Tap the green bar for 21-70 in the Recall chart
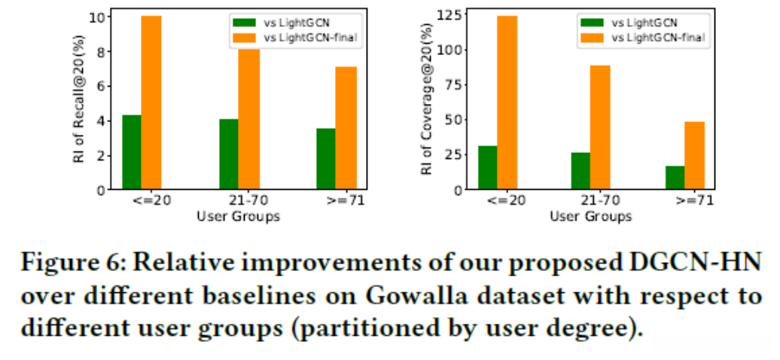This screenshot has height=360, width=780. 229,154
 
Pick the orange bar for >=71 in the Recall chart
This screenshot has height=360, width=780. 346,128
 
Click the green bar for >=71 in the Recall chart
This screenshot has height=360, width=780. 325,159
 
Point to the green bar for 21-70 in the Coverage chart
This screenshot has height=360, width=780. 580,171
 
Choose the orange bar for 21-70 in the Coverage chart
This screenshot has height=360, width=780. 600,128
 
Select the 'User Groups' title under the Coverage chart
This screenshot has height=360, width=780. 590,217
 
